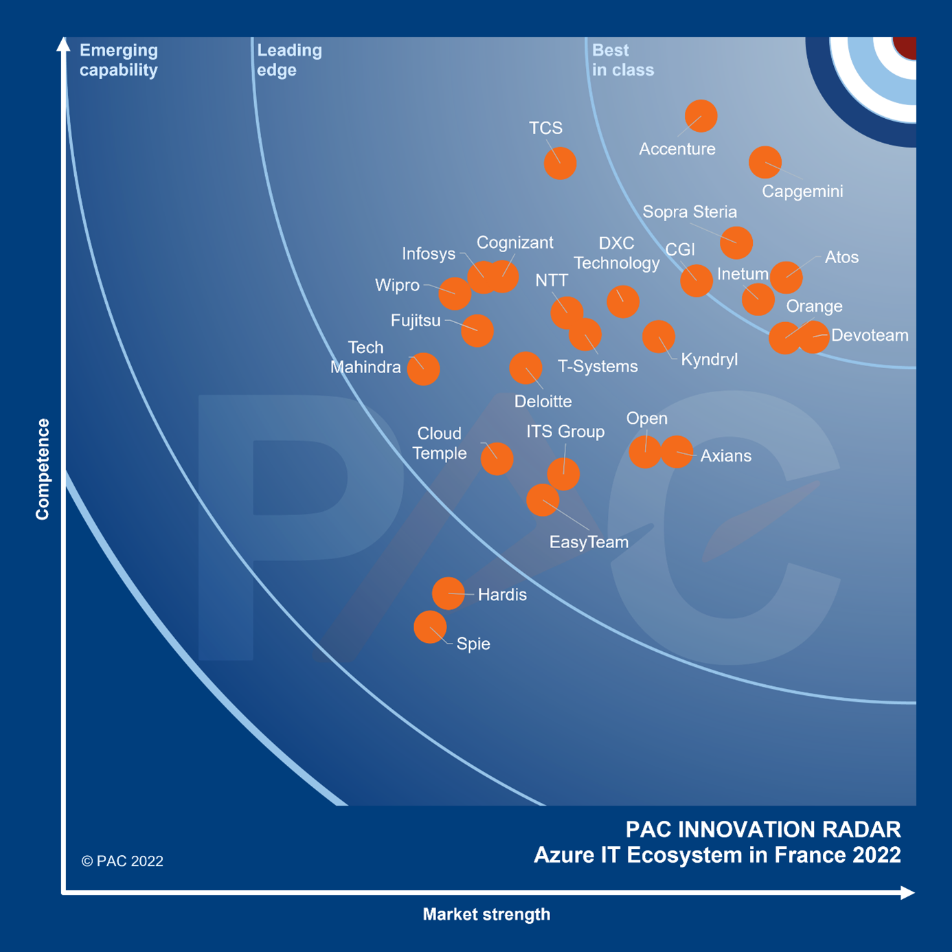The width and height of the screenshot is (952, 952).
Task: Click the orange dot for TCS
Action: pos(560,163)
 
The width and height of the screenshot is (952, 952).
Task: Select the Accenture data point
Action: pos(701,116)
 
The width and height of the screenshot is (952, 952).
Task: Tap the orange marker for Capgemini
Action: pos(764,163)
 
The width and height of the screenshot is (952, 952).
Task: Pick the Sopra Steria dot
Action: pos(736,242)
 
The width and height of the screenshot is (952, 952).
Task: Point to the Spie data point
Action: pos(430,627)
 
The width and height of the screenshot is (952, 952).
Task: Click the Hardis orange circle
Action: pos(448,593)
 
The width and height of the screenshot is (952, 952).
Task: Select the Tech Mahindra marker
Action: pos(423,369)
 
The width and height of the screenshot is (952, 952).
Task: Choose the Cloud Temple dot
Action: pos(497,459)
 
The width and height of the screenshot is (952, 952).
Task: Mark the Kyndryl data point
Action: pos(658,337)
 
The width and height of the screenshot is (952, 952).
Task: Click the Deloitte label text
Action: pos(543,401)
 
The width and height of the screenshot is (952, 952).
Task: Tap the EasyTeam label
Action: pos(589,542)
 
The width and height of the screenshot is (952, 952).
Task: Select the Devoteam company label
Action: pos(870,335)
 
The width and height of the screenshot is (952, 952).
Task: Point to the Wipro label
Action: pos(397,285)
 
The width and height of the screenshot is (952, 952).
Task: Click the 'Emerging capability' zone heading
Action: pos(119,60)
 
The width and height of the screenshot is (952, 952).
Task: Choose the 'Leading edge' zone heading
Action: pos(289,60)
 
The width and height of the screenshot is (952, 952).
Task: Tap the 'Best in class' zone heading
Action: pos(622,60)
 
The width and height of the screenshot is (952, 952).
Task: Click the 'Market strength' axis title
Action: pos(486,914)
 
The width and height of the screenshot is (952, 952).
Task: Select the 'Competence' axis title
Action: pos(43,469)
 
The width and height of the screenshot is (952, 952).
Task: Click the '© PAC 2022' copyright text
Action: pos(122,861)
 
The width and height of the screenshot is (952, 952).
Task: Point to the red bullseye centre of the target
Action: pos(906,47)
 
